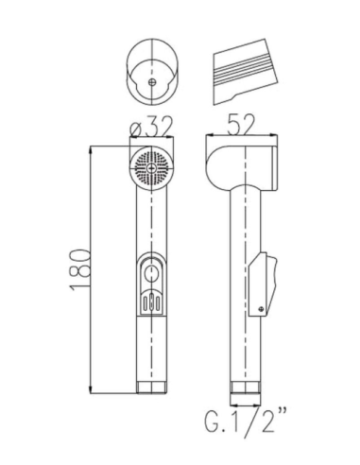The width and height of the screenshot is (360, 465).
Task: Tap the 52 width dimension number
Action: coord(243,121)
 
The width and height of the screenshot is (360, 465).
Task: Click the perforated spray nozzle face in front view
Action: coord(151,171)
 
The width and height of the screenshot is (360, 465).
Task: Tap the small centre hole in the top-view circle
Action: coord(153,80)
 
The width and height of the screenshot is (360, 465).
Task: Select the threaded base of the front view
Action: coord(152,385)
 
